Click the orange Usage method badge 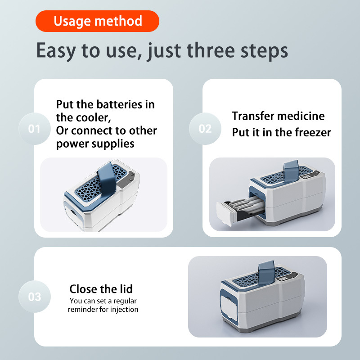[x=97, y=21]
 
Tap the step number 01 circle [x=35, y=129]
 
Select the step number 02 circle [x=205, y=129]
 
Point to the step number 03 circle [x=35, y=297]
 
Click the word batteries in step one [x=119, y=104]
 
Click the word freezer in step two [x=313, y=132]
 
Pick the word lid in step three [x=126, y=289]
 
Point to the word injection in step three [x=124, y=310]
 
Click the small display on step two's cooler [x=306, y=177]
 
